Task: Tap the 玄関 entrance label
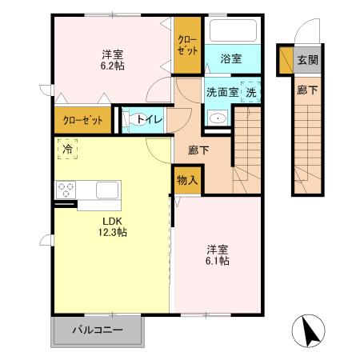307,60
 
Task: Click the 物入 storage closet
186,181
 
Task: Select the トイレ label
150,120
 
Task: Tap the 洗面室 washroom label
222,92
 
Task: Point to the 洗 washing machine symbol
250,92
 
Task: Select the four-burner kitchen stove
66,190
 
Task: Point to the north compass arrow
309,330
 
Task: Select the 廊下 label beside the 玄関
307,90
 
